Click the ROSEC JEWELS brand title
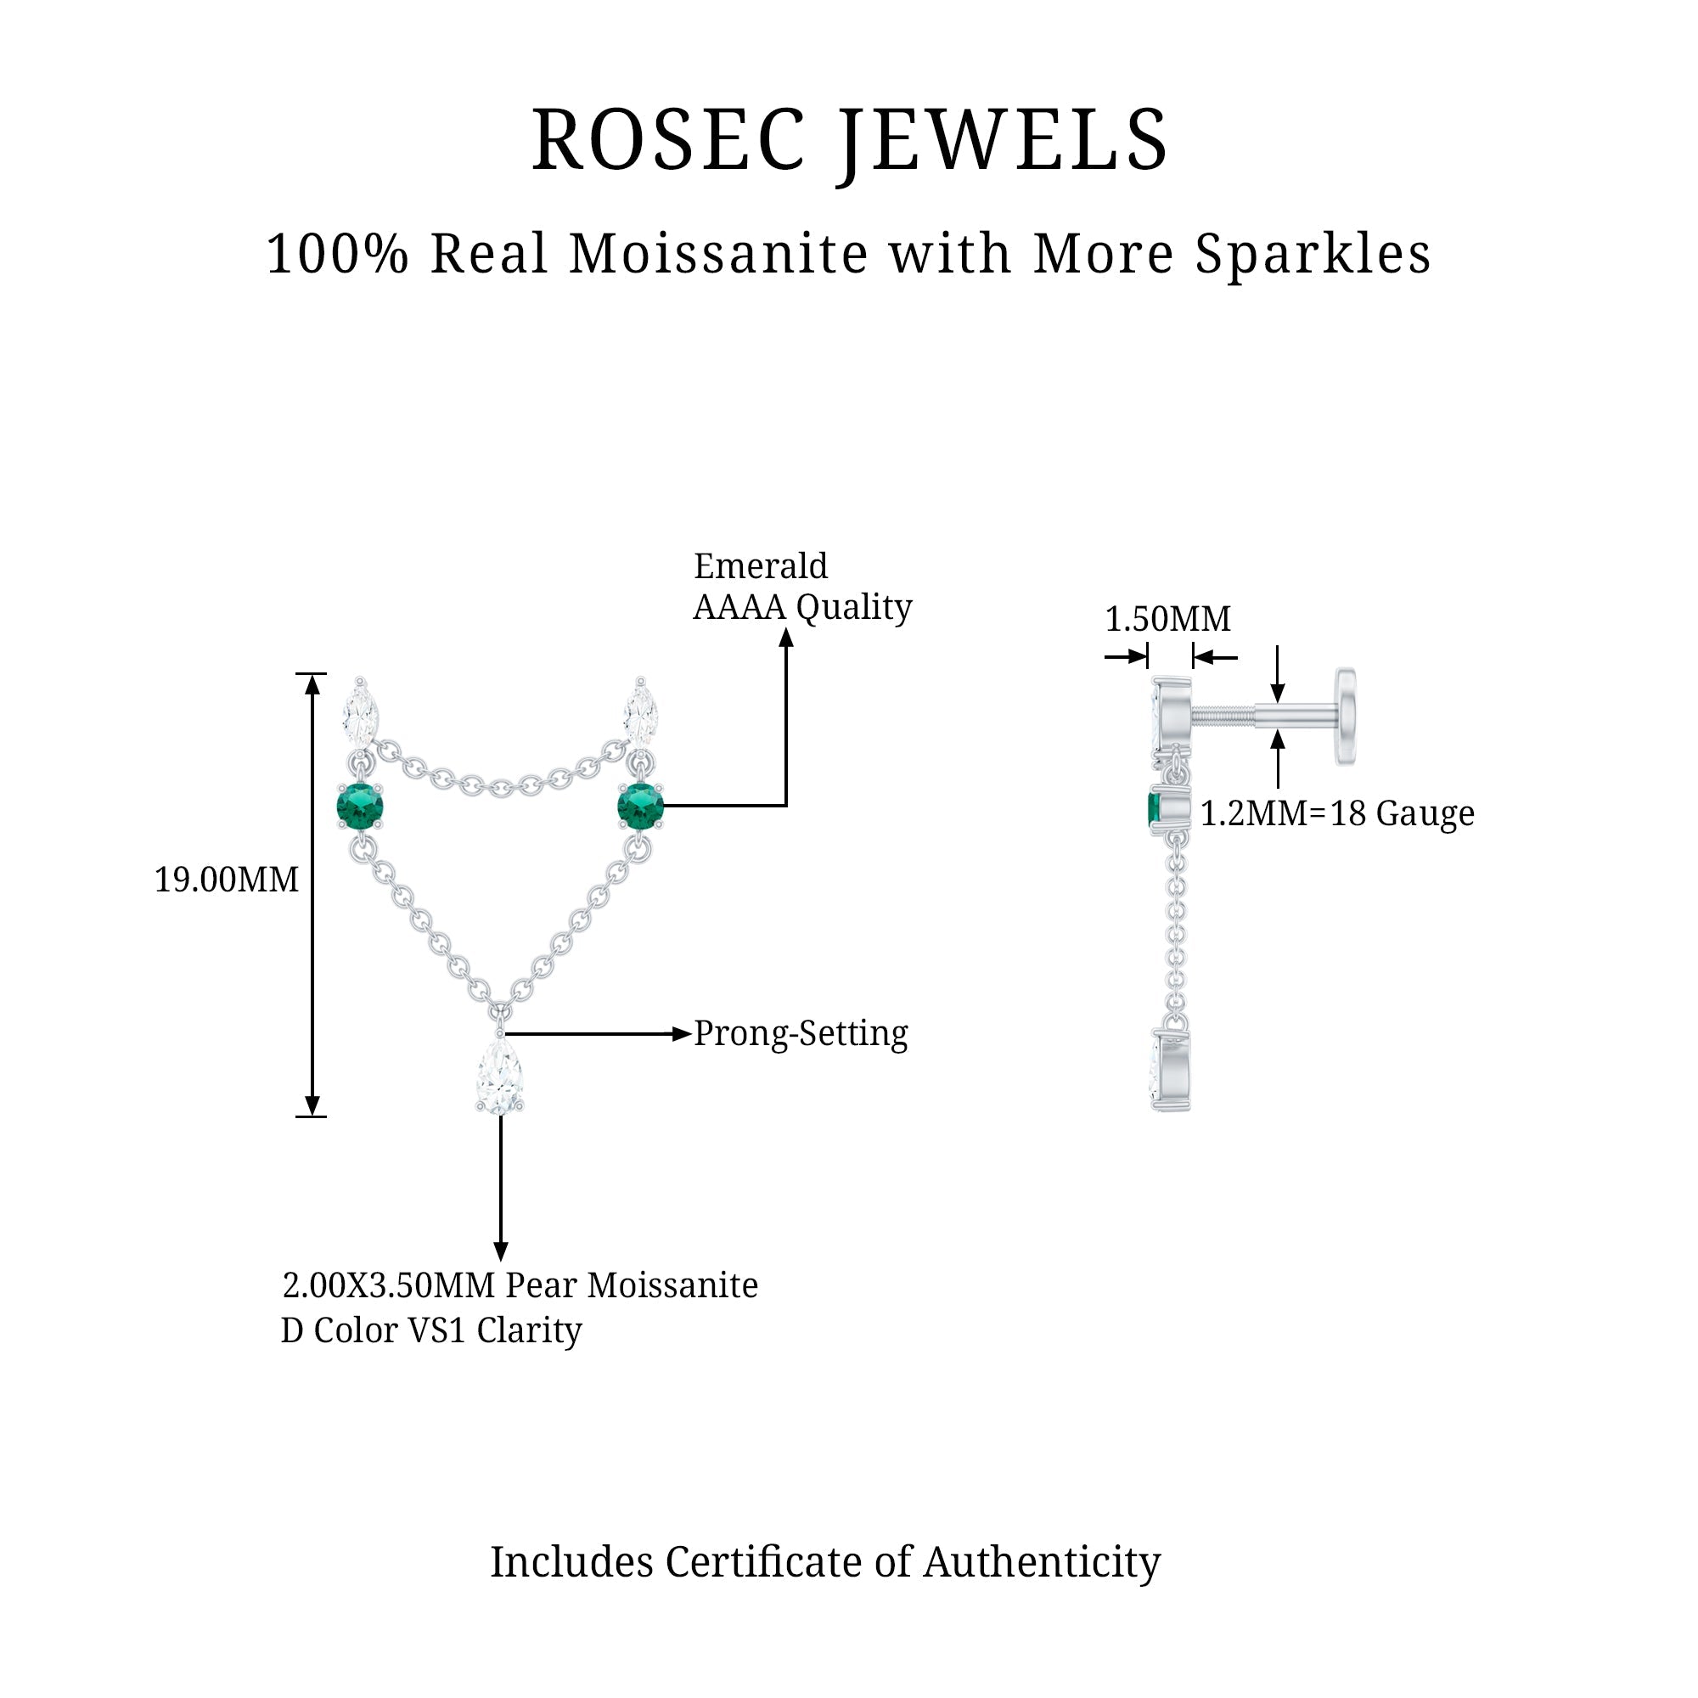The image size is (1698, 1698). pyautogui.click(x=849, y=141)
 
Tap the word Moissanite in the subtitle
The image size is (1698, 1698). pyautogui.click(x=719, y=255)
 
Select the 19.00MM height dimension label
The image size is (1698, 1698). pyautogui.click(x=227, y=880)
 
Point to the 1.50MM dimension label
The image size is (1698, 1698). pyautogui.click(x=1167, y=620)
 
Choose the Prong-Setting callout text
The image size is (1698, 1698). pyautogui.click(x=801, y=1033)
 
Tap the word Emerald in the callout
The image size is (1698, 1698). pyautogui.click(x=760, y=566)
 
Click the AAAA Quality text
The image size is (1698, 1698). pyautogui.click(x=802, y=607)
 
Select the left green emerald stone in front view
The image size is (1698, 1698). pyautogui.click(x=360, y=807)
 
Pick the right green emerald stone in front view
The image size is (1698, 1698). pyautogui.click(x=641, y=807)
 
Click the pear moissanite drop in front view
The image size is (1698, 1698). pyautogui.click(x=500, y=1077)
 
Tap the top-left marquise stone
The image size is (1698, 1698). pyautogui.click(x=360, y=714)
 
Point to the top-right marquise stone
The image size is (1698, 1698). pyautogui.click(x=641, y=714)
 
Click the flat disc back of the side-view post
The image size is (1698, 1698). pyautogui.click(x=1346, y=716)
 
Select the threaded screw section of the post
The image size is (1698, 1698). pyautogui.click(x=1223, y=717)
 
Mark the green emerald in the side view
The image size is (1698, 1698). pyautogui.click(x=1154, y=809)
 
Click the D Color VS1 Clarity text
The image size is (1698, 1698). pyautogui.click(x=430, y=1330)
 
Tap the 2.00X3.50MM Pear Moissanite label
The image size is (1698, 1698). pyautogui.click(x=520, y=1285)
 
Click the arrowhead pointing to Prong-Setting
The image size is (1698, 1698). pyautogui.click(x=682, y=1034)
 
